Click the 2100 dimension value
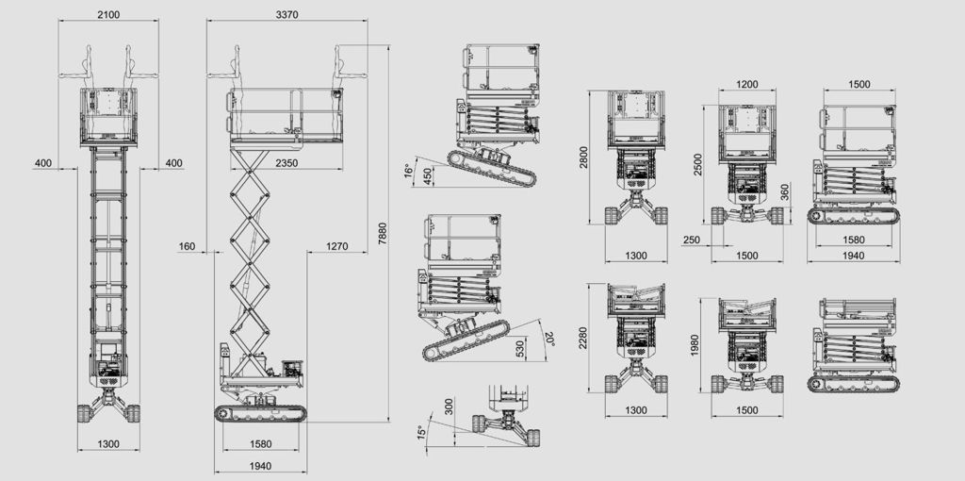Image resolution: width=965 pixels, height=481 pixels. pos(108,14)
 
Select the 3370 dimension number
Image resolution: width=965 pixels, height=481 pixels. pos(286,14)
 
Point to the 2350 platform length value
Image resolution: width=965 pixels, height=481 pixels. pos(286,163)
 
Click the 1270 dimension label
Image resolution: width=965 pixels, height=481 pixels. pos(337,246)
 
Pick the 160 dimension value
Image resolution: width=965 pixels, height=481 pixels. pos(188,246)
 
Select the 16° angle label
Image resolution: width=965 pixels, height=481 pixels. pos(407,171)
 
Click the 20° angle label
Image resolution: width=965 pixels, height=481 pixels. pos(549,339)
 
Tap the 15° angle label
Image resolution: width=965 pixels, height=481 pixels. pos(421,432)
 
